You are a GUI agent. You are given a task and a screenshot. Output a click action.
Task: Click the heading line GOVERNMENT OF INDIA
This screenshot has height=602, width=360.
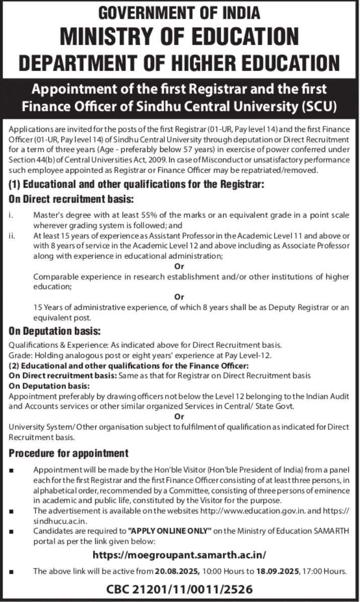pos(180,12)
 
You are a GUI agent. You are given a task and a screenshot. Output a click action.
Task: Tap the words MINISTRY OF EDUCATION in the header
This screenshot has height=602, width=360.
pos(180,37)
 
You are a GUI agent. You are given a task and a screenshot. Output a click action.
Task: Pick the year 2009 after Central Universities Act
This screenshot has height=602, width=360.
pos(130,160)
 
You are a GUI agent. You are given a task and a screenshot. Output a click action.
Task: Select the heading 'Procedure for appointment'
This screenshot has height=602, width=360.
pos(68,453)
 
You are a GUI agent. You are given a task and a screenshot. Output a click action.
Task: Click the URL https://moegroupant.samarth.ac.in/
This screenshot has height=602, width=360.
pos(180,555)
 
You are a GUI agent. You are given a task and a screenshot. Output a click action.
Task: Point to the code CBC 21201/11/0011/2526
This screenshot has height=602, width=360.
pos(180,588)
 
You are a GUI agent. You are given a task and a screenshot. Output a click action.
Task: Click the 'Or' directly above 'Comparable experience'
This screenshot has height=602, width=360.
pos(178,266)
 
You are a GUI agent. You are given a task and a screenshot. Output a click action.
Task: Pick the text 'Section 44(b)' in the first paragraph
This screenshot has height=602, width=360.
pos(30,160)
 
